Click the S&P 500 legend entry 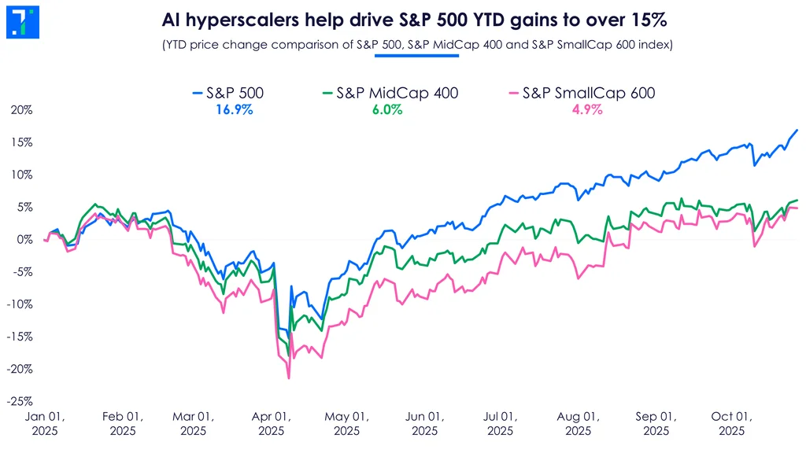tap(227, 94)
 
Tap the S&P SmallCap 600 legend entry tap(579, 94)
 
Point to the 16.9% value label tap(234, 110)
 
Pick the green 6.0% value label tap(386, 110)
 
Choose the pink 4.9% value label tap(586, 110)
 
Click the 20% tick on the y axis tap(22, 110)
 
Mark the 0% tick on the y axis tap(25, 239)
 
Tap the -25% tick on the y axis tap(21, 401)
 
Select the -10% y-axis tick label tap(21, 304)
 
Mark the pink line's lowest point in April tap(289, 379)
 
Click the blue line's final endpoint tap(797, 130)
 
